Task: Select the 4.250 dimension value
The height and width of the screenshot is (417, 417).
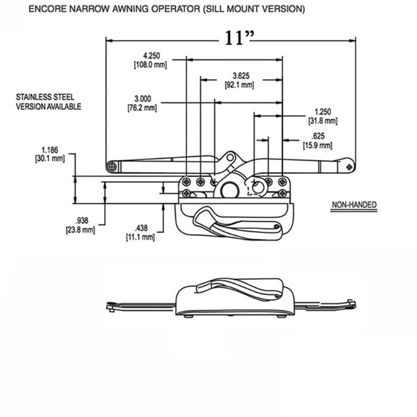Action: tap(150, 55)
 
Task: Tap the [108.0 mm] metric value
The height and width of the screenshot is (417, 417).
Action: tap(150, 64)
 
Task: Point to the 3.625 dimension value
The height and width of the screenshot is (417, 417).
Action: tap(241, 76)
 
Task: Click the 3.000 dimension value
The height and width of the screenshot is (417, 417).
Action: tap(142, 98)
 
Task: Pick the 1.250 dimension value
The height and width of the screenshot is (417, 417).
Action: tap(322, 111)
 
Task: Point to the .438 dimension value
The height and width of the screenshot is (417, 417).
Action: tap(141, 228)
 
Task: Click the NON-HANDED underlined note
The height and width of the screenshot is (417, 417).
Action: tap(354, 205)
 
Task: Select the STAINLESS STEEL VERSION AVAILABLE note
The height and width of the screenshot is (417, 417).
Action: tap(48, 101)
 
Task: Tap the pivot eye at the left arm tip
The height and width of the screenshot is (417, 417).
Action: tap(111, 167)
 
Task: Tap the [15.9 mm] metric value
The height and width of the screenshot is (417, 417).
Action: tap(318, 145)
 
